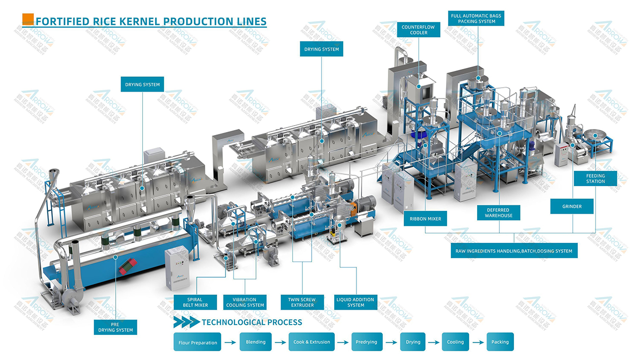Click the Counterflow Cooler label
click(x=418, y=30)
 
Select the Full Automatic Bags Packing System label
click(x=476, y=19)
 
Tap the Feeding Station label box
click(x=595, y=178)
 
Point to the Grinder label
click(x=572, y=206)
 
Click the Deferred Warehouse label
click(x=498, y=213)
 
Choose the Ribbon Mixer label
click(x=425, y=219)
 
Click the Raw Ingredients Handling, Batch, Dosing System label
click(x=514, y=251)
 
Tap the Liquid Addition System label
click(x=355, y=302)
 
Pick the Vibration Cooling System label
click(x=245, y=302)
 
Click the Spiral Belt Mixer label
click(x=195, y=302)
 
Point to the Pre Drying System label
click(x=115, y=327)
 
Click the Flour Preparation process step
click(x=197, y=342)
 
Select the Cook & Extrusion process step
click(x=312, y=342)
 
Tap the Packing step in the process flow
click(x=500, y=342)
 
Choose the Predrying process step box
click(x=366, y=342)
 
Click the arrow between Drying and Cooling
click(x=434, y=342)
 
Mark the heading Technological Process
click(x=252, y=323)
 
